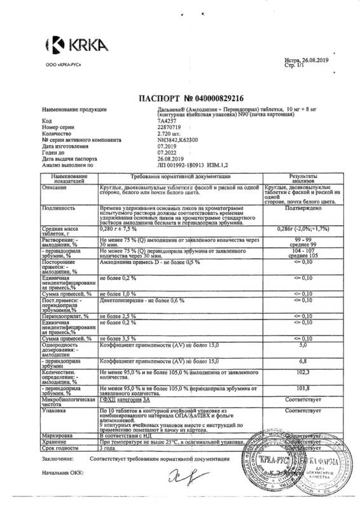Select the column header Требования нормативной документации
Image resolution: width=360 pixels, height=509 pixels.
point(181,176)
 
